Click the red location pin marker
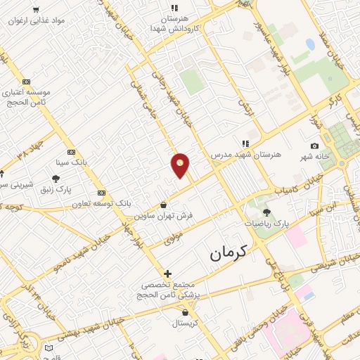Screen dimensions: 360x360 click(180, 165)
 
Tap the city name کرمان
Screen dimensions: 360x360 click(229, 252)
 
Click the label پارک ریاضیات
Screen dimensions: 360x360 click(266, 224)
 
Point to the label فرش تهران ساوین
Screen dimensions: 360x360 click(164, 216)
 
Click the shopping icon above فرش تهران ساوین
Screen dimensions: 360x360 click(164, 205)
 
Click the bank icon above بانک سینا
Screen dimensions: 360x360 click(71, 151)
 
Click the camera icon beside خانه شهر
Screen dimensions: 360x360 click(314, 146)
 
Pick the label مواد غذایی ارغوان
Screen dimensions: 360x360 click(37, 20)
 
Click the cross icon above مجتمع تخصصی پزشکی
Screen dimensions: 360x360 click(167, 274)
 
